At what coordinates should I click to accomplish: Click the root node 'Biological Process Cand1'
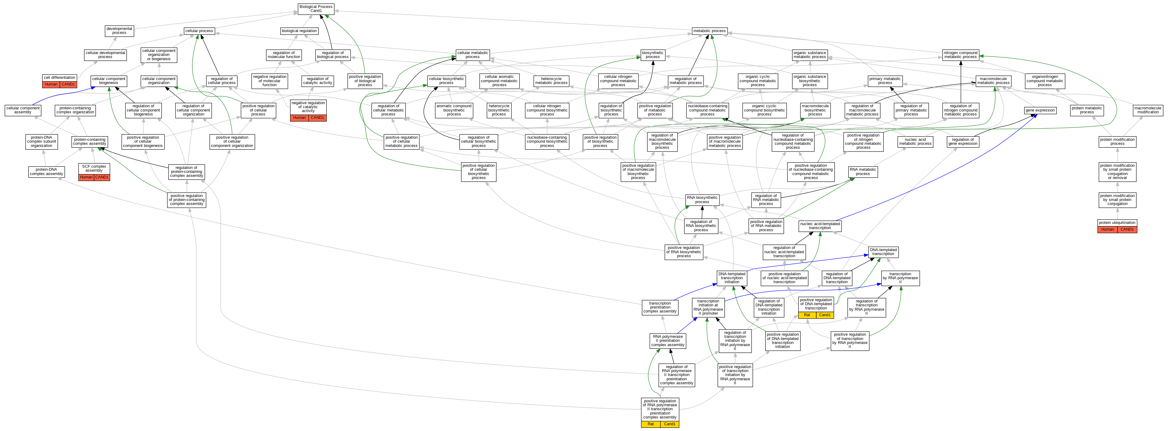(x=316, y=9)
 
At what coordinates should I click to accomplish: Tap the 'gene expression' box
(x=1040, y=110)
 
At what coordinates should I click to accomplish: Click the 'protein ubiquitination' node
(x=1117, y=223)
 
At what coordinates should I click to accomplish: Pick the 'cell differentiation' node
(x=60, y=78)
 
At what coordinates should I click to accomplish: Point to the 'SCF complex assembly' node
(x=94, y=168)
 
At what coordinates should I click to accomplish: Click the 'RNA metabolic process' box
(x=863, y=171)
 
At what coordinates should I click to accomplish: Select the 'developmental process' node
(x=119, y=31)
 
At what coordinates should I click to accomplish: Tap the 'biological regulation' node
(x=299, y=31)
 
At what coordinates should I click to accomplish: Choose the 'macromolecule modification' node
(x=1148, y=110)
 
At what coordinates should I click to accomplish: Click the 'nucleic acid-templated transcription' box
(x=820, y=226)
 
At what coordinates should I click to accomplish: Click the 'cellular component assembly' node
(x=23, y=110)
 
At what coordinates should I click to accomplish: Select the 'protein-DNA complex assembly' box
(x=46, y=171)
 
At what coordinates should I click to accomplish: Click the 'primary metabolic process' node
(x=885, y=81)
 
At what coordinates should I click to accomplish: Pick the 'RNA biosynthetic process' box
(x=702, y=200)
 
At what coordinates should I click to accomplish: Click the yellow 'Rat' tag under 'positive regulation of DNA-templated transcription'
(x=807, y=315)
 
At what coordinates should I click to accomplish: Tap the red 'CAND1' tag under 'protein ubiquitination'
(x=1127, y=230)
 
